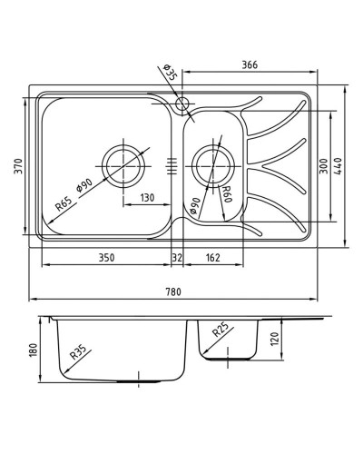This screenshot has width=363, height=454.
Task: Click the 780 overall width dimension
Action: tap(173, 291)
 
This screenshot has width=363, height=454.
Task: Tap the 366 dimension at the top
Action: tap(250, 64)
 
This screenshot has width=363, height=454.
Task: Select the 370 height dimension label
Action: tap(19, 166)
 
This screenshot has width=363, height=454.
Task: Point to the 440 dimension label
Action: tap(338, 166)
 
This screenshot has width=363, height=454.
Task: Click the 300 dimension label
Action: tap(324, 166)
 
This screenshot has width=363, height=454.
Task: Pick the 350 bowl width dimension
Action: tap(107, 258)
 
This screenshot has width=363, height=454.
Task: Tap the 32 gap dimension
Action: tap(177, 258)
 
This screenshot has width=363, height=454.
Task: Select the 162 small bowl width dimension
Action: tap(212, 258)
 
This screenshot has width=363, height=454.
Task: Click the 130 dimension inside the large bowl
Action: tap(147, 198)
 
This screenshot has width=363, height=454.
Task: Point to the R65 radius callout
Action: tap(64, 204)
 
